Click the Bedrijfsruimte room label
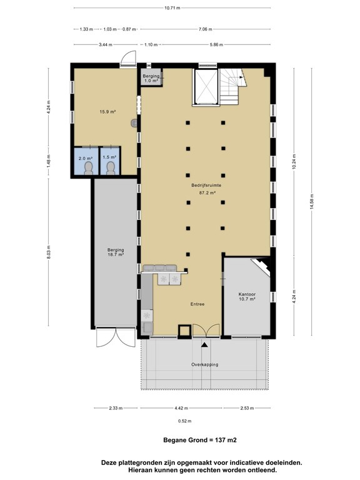(206, 185)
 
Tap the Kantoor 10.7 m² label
(247, 297)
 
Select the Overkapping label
(205, 364)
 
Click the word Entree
(197, 304)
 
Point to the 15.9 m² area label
(107, 112)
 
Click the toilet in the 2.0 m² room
(89, 168)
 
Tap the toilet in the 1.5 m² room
(111, 168)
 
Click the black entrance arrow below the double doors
(204, 345)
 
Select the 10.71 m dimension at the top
(172, 8)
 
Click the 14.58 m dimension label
(312, 202)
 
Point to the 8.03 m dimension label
(48, 252)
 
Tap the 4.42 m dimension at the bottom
(181, 408)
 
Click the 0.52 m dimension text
(184, 421)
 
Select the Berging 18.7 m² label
(116, 252)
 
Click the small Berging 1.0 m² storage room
(151, 78)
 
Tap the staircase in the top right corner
(232, 87)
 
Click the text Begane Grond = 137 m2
(200, 440)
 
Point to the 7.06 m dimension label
(205, 29)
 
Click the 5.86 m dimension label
(216, 45)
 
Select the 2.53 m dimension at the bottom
(247, 408)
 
